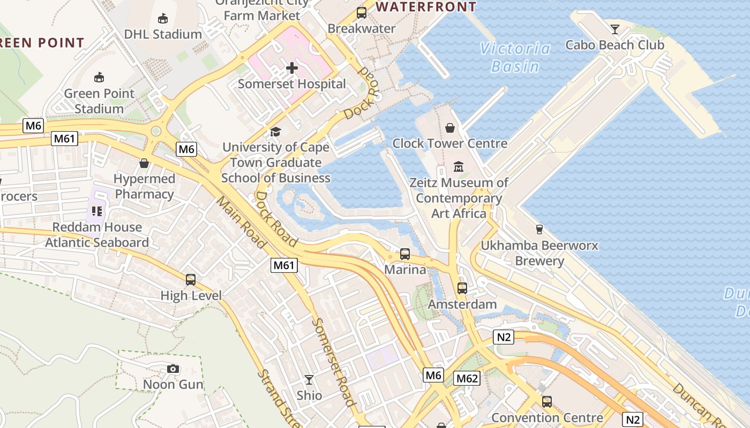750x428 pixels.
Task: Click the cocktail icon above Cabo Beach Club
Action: point(614,29)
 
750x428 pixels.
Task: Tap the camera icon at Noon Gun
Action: point(172,369)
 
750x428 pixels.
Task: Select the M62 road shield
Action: point(467,379)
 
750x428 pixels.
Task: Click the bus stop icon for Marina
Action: point(405,254)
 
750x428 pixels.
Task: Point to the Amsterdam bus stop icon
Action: point(462,288)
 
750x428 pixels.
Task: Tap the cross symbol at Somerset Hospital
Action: point(292,68)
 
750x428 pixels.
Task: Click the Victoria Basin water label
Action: point(515,57)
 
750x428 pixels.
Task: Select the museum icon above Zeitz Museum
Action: point(459,167)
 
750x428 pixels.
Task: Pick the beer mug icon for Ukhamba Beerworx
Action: point(539,230)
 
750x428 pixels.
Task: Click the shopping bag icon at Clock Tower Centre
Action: point(450,128)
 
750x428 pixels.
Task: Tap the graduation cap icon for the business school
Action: point(275,132)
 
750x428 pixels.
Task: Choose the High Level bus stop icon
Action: point(191,279)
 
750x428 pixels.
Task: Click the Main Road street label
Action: point(241,222)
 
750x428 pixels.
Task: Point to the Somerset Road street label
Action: point(334,362)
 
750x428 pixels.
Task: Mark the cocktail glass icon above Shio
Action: point(309,380)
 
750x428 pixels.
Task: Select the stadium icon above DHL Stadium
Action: point(163,19)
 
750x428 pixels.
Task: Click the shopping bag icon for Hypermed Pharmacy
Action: point(144,163)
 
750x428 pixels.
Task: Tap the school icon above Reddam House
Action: point(97,211)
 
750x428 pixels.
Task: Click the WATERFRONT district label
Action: point(426,7)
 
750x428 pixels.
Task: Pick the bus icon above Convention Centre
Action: point(547,402)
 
